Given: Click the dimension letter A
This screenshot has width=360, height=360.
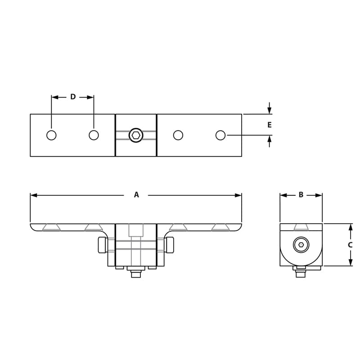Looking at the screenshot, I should (x=136, y=195).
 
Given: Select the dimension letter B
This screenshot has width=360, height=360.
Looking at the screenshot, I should (x=301, y=195).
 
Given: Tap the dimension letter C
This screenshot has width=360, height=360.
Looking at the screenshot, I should (x=350, y=245).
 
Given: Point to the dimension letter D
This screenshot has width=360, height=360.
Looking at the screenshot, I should (x=73, y=97).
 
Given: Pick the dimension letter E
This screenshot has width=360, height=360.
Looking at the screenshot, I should (x=270, y=125).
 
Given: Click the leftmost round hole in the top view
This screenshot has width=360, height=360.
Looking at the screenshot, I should (x=51, y=135).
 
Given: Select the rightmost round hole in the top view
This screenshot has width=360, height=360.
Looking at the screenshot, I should (x=220, y=135).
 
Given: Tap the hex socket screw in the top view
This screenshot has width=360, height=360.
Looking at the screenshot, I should (x=136, y=135).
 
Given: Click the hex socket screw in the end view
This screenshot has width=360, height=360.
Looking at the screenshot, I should (x=301, y=245).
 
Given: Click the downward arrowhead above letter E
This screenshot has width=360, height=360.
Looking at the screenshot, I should (x=270, y=110).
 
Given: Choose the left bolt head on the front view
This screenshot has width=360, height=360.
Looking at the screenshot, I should (x=102, y=245).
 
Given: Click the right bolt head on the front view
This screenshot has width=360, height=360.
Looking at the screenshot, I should (x=170, y=245).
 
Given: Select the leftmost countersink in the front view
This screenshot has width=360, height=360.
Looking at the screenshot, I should (x=51, y=227).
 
